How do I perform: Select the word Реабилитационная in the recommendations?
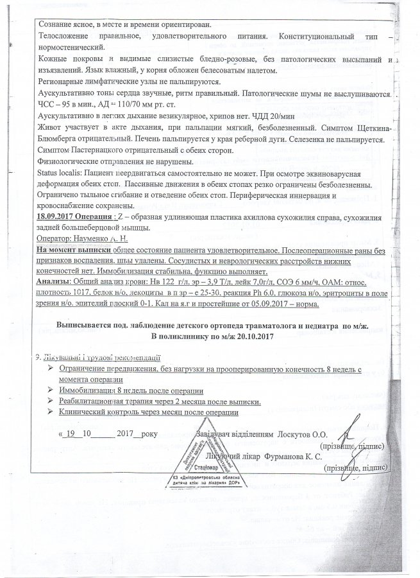[94, 401]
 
